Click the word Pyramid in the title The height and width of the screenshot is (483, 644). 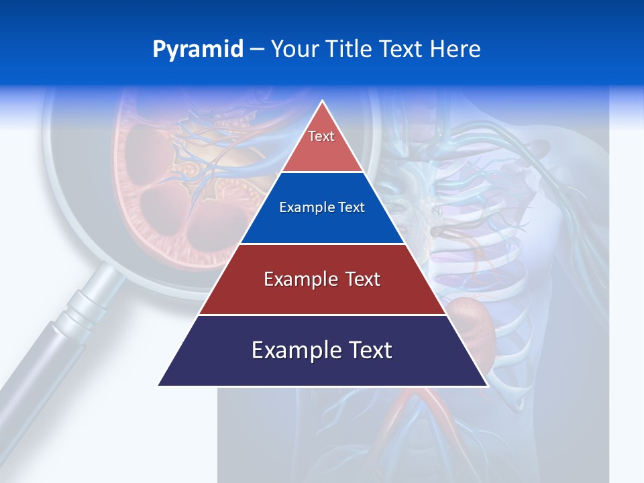coord(197,50)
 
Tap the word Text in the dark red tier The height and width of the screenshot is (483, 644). coord(359,280)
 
